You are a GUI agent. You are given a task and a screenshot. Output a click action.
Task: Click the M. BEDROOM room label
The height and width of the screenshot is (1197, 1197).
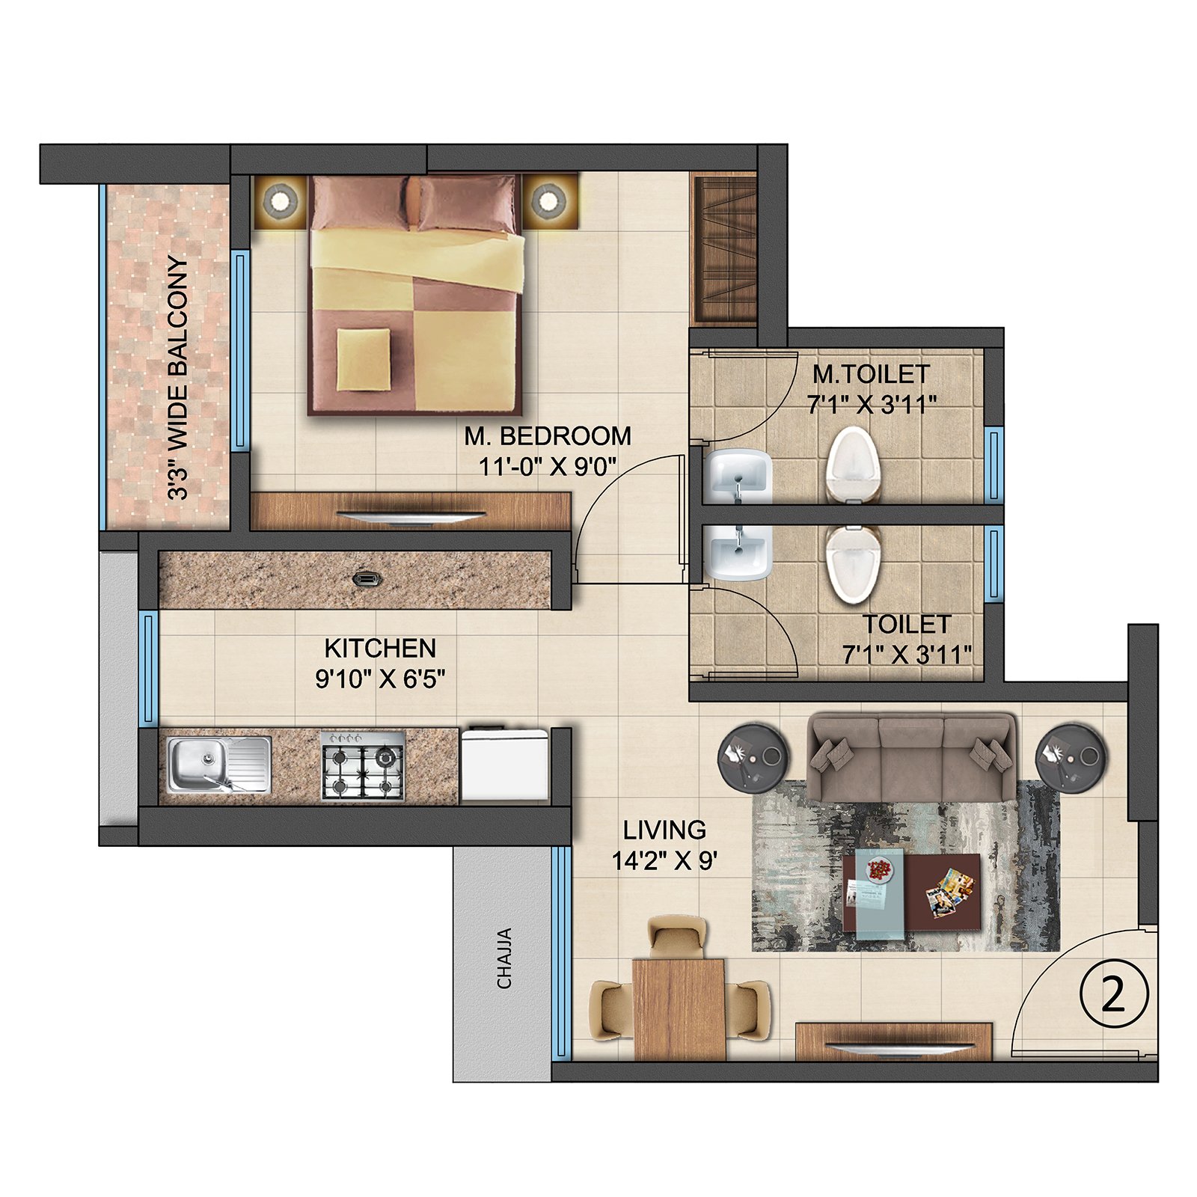tap(548, 435)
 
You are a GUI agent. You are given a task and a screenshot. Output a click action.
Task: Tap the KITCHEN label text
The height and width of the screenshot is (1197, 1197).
tap(380, 648)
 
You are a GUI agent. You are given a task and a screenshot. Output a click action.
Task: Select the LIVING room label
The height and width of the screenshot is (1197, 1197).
tap(664, 830)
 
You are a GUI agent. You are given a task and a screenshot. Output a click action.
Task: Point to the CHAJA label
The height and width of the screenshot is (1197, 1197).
tap(505, 958)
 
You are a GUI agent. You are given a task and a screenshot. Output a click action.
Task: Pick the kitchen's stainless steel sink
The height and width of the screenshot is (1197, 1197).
tap(219, 764)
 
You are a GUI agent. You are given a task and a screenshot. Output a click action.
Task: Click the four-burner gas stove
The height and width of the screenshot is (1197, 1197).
tap(363, 765)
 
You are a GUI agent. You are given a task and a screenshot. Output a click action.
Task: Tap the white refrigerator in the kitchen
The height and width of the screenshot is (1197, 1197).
tap(506, 764)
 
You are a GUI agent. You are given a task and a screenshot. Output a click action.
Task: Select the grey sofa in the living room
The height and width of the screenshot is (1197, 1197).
tap(911, 757)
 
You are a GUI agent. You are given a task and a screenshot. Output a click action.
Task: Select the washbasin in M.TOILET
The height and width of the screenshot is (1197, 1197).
tap(739, 476)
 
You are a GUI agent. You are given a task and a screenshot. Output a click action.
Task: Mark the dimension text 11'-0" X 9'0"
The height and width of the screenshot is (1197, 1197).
tap(548, 467)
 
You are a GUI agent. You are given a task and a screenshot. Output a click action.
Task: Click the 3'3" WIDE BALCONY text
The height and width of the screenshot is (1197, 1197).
tap(177, 378)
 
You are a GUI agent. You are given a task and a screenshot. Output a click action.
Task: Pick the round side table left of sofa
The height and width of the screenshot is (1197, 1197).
tap(753, 757)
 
